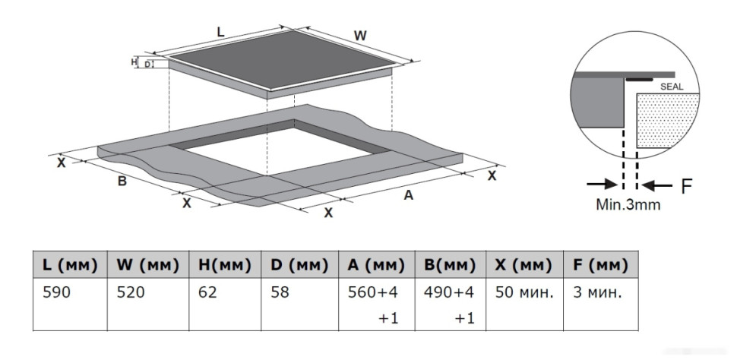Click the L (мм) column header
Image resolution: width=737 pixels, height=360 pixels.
pyautogui.click(x=71, y=265)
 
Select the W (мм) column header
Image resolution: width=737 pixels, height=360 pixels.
pyautogui.click(x=148, y=265)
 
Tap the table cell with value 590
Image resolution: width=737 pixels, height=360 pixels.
pyautogui.click(x=58, y=292)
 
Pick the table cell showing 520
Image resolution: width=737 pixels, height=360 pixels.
pyautogui.click(x=130, y=292)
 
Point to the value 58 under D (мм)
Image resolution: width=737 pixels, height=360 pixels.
pyautogui.click(x=280, y=292)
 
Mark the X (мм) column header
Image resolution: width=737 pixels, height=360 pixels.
pyautogui.click(x=523, y=265)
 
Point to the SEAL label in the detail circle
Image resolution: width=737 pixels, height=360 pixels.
pyautogui.click(x=672, y=87)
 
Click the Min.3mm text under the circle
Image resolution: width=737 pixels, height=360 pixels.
pyautogui.click(x=628, y=204)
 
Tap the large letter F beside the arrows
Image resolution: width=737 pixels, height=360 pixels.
pyautogui.click(x=686, y=185)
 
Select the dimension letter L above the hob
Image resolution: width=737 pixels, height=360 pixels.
pyautogui.click(x=220, y=32)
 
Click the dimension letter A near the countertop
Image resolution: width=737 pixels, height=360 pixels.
pyautogui.click(x=408, y=195)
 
